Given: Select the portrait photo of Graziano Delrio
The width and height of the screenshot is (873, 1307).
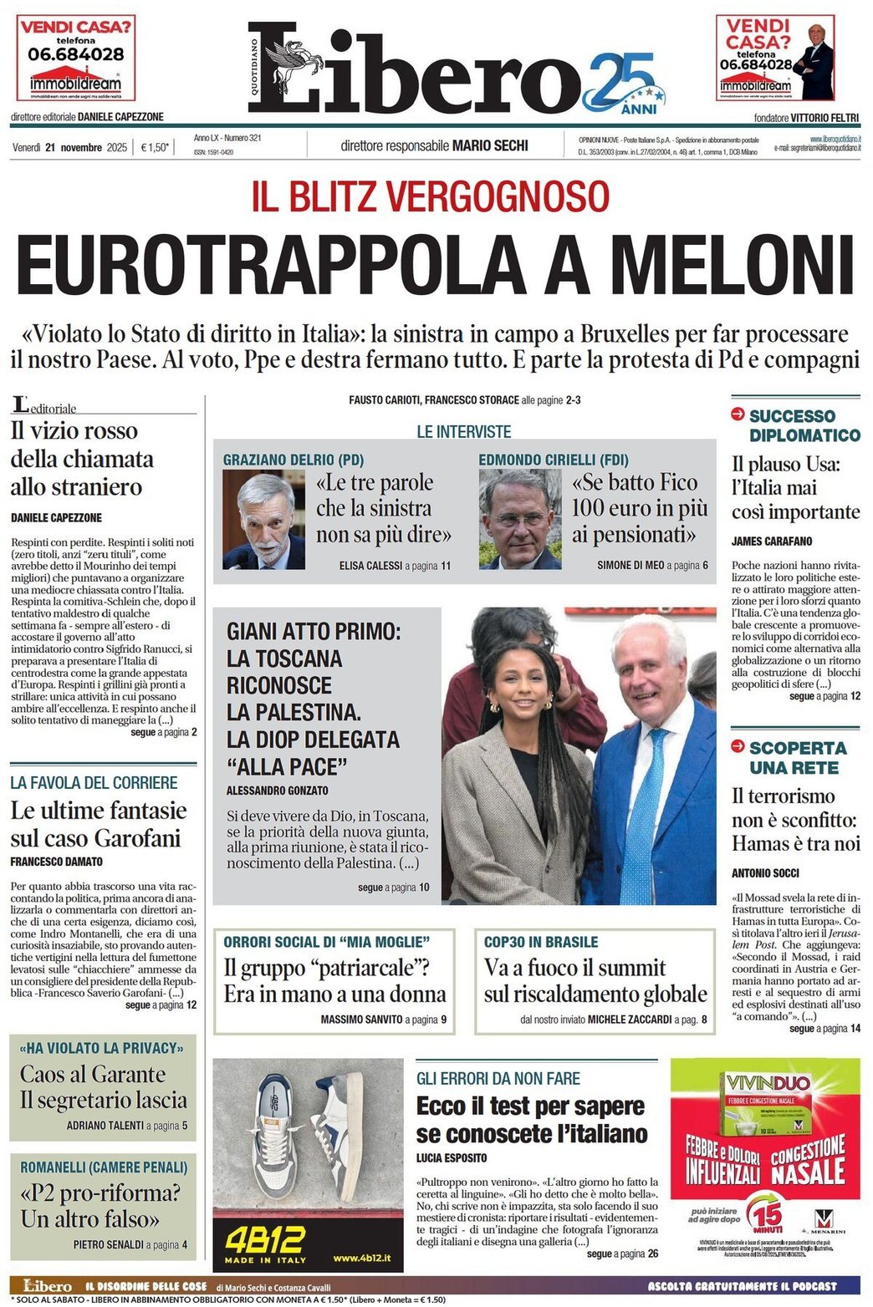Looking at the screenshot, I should pyautogui.click(x=263, y=519).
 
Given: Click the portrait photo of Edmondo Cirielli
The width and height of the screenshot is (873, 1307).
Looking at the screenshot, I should pyautogui.click(x=519, y=519).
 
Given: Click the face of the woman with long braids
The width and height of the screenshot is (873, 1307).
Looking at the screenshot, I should pyautogui.click(x=515, y=679).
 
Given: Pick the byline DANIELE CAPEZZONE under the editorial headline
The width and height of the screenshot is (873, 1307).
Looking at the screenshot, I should pyautogui.click(x=56, y=518).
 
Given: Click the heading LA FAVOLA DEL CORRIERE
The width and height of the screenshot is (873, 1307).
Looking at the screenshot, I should pyautogui.click(x=94, y=783).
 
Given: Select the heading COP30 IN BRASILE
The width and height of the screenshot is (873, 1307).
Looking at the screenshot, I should pyautogui.click(x=541, y=942).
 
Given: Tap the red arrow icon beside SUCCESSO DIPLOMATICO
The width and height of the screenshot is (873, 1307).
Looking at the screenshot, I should pyautogui.click(x=738, y=414).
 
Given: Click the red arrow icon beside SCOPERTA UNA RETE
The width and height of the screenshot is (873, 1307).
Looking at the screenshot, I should pyautogui.click(x=738, y=746).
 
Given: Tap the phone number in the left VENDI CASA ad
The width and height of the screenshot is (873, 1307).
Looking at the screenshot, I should pyautogui.click(x=76, y=54).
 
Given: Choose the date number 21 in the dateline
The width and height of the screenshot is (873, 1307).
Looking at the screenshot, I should pyautogui.click(x=51, y=148).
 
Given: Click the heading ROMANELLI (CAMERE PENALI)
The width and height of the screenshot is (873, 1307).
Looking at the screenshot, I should pyautogui.click(x=104, y=1167).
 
